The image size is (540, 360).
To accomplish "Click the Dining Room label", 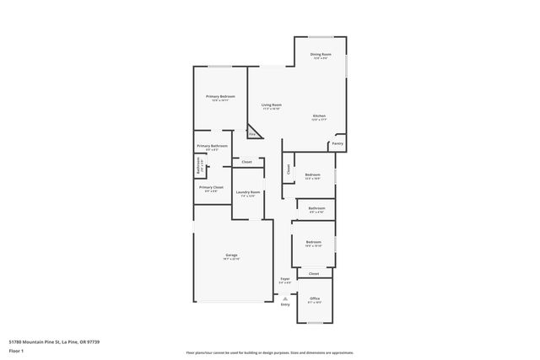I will [321, 55].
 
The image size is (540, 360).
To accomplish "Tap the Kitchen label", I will [319, 116].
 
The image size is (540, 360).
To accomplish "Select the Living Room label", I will [272, 106].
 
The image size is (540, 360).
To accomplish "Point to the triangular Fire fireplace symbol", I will [252, 133].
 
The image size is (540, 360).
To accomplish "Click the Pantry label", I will [337, 144].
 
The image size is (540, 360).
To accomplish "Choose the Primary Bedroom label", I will [220, 97].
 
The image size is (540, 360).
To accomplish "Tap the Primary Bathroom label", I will [213, 147].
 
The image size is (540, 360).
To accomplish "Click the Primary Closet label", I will [211, 188].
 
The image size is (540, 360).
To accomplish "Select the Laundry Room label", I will [248, 193].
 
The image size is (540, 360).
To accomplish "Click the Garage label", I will [231, 255].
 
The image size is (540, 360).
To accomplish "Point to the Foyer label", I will [285, 279].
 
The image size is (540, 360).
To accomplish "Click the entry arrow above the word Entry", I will [285, 298].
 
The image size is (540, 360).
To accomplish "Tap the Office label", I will [315, 298].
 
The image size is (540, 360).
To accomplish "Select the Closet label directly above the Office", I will [314, 273].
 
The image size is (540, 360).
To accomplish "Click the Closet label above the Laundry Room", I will [246, 161].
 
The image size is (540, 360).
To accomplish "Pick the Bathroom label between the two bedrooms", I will [316, 208].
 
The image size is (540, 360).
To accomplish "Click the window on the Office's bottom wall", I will [315, 324].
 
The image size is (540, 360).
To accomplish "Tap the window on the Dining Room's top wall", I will [321, 36].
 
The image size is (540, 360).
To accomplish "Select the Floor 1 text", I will [16, 351].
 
